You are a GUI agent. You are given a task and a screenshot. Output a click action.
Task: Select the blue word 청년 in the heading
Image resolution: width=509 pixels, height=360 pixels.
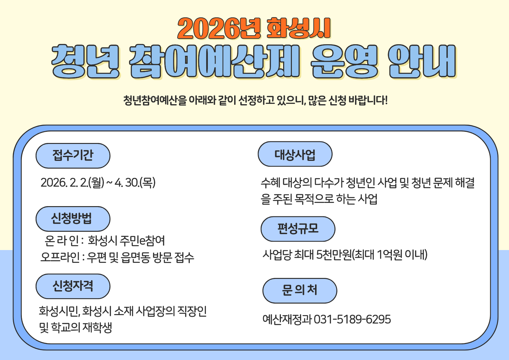[86, 62]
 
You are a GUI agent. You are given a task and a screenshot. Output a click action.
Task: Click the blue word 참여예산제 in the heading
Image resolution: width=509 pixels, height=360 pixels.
[215, 62]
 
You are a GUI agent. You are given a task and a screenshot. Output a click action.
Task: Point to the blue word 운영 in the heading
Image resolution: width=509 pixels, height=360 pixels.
[344, 62]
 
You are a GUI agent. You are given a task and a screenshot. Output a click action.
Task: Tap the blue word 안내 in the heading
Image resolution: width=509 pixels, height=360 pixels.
[422, 62]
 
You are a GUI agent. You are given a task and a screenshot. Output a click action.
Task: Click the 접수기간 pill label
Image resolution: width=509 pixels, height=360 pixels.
[73, 155]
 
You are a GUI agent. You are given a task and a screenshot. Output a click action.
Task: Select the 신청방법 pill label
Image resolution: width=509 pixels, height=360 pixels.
[73, 219]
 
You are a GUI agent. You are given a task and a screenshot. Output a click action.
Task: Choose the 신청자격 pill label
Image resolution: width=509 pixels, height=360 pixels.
[73, 286]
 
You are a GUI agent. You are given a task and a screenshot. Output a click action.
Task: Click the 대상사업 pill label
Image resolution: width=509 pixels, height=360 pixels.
[295, 154]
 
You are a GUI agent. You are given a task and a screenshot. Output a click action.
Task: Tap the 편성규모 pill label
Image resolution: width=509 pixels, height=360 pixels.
[298, 229]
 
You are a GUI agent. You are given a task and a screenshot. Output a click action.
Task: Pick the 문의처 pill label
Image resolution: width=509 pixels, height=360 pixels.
[300, 291]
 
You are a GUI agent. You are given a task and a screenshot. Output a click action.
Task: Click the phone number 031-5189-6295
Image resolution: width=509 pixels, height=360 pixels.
[352, 319]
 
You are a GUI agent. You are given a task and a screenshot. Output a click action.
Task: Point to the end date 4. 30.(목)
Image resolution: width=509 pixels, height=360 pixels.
[135, 183]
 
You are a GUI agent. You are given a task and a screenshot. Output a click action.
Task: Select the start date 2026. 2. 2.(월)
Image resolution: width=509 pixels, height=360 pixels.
[72, 183]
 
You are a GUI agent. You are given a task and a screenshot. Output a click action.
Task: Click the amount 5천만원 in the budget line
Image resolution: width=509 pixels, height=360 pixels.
[334, 255]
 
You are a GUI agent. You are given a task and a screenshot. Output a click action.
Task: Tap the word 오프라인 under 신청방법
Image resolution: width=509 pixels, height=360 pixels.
[60, 257]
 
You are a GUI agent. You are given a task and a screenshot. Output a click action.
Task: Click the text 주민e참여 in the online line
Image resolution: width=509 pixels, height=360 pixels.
[142, 240]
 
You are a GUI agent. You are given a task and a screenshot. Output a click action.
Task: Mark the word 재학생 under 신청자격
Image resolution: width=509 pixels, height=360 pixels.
[97, 328]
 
